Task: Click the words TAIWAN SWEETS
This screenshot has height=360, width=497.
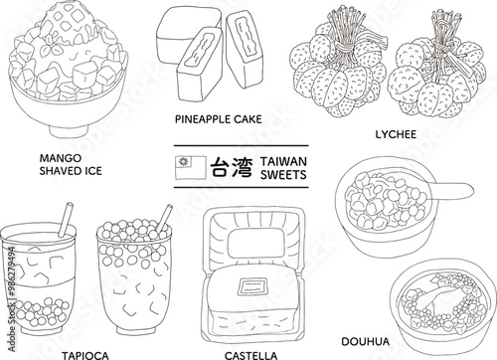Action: coord(282,167)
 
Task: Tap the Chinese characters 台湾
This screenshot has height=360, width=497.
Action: coord(228,167)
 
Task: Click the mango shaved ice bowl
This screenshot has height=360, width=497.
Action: coord(62,80)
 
